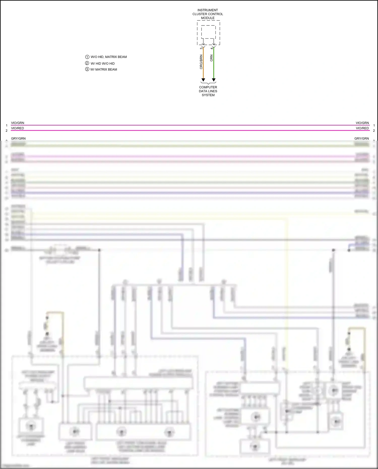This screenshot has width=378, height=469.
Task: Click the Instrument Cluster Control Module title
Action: (x=208, y=14)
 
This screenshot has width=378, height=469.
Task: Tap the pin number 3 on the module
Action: (x=201, y=48)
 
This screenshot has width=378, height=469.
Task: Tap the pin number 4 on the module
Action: (x=212, y=48)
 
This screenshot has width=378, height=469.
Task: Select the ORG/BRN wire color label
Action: (x=201, y=62)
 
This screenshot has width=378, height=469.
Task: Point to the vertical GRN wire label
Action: (x=211, y=58)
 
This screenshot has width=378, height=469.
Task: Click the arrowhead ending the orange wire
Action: (x=203, y=80)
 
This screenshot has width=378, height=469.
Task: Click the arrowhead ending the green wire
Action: (x=214, y=80)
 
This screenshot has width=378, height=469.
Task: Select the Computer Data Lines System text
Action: (x=208, y=91)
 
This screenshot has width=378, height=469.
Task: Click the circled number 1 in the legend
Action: (x=87, y=57)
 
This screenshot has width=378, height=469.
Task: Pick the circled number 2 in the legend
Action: (x=87, y=63)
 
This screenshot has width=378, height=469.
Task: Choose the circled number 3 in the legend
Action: (x=87, y=69)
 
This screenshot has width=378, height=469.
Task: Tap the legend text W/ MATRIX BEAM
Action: (x=104, y=70)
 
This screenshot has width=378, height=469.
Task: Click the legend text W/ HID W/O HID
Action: (x=103, y=64)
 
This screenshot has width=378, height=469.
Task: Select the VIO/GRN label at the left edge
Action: (x=18, y=123)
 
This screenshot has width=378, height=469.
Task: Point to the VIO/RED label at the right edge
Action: (x=362, y=128)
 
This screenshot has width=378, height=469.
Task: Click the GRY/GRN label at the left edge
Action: (x=18, y=139)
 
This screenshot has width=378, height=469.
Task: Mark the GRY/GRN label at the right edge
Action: (x=361, y=139)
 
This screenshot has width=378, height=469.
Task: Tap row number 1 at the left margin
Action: (x=7, y=126)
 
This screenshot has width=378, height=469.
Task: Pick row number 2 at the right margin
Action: (x=374, y=131)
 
